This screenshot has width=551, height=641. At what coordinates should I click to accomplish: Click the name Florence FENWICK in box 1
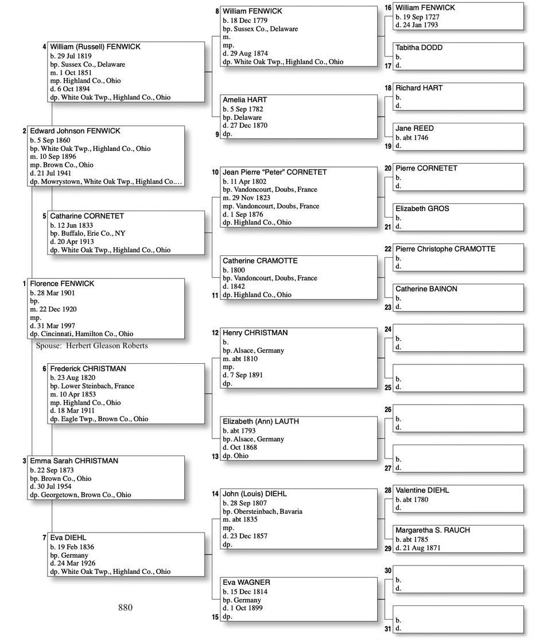pyautogui.click(x=62, y=283)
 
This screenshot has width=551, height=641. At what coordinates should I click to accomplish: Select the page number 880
pyautogui.click(x=125, y=607)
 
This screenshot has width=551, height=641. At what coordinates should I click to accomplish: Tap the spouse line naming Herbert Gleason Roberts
pyautogui.click(x=92, y=345)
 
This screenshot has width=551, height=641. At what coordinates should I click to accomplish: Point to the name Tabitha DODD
pyautogui.click(x=419, y=48)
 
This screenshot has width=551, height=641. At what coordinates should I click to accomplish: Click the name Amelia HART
pyautogui.click(x=245, y=100)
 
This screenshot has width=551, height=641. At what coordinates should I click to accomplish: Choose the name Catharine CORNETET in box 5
pyautogui.click(x=87, y=216)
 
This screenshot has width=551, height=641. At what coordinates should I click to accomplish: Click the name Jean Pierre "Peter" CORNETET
pyautogui.click(x=275, y=172)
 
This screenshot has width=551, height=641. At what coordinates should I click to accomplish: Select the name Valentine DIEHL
pyautogui.click(x=422, y=490)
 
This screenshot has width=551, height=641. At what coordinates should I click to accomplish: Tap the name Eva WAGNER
pyautogui.click(x=246, y=582)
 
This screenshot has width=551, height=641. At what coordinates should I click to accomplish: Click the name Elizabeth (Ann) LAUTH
pyautogui.click(x=261, y=421)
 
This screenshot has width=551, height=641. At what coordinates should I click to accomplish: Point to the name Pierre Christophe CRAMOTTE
pyautogui.click(x=445, y=249)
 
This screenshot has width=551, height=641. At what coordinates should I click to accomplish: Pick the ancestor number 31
pyautogui.click(x=388, y=629)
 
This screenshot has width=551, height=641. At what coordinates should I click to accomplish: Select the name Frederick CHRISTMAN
pyautogui.click(x=88, y=368)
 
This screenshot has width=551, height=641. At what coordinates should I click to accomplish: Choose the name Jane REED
pyautogui.click(x=414, y=128)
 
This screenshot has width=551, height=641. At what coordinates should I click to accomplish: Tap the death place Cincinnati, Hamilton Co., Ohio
pyautogui.click(x=87, y=333)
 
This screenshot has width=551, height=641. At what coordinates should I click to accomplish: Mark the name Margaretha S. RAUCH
pyautogui.click(x=433, y=530)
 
